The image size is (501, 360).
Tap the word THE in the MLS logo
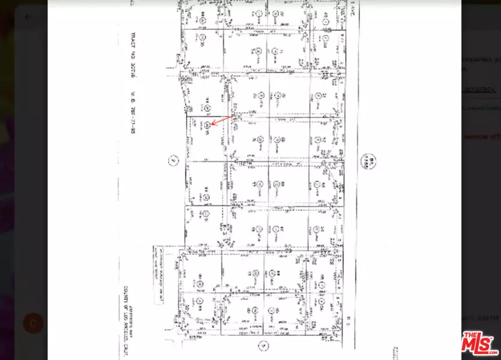point(469,334)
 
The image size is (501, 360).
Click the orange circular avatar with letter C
point(33,323)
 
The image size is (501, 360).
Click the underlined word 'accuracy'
point(478,89)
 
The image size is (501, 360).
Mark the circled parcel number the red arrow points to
point(206,124)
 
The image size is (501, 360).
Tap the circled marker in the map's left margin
point(172,161)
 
